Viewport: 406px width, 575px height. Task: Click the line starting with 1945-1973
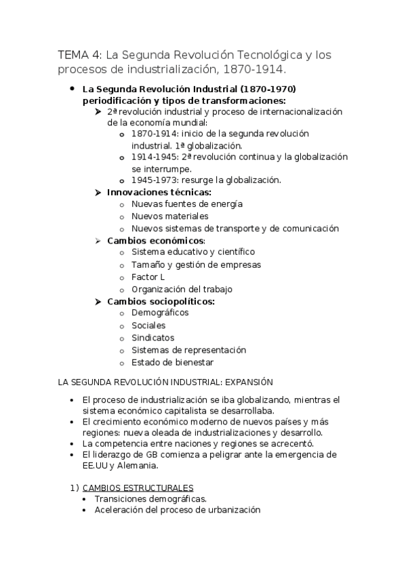(205, 180)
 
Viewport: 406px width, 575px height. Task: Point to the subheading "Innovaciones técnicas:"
(159, 192)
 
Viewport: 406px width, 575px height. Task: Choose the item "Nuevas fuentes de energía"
(187, 204)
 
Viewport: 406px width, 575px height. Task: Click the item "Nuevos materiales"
(169, 216)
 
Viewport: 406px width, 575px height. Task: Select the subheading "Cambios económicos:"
(156, 241)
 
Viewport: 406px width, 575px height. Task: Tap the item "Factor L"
(148, 277)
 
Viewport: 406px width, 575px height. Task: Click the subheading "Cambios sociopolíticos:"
(161, 301)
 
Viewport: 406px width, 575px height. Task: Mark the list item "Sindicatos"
(153, 338)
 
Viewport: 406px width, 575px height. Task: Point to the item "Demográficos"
(160, 313)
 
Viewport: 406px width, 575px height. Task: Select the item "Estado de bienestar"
(173, 362)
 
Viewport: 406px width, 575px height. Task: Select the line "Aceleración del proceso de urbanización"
(178, 510)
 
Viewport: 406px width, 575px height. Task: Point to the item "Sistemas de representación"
(188, 350)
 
